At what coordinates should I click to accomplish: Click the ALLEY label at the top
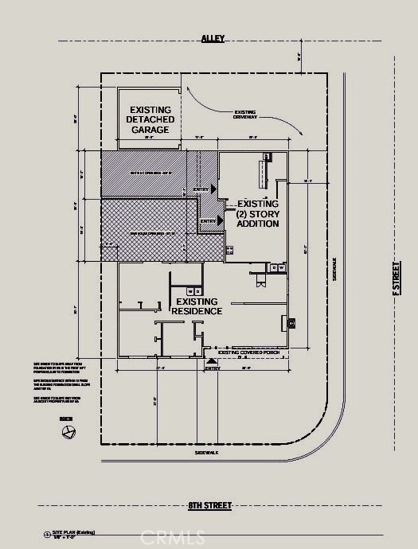[x=213, y=37]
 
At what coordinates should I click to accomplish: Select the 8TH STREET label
[x=209, y=505]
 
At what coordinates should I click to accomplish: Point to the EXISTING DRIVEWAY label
[x=245, y=115]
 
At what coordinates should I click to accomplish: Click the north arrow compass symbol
[x=69, y=432]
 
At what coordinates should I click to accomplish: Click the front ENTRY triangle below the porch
[x=211, y=360]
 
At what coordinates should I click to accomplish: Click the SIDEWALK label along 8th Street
[x=206, y=452]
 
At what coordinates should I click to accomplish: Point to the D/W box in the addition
[x=278, y=269]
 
